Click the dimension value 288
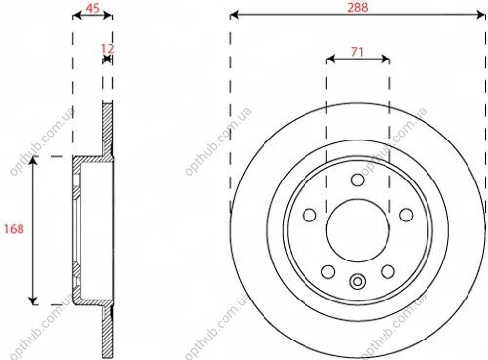click(358, 7)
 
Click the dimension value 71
click(357, 52)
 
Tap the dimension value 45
click(92, 8)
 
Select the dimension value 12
click(107, 49)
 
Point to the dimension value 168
click(14, 229)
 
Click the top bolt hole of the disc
click(358, 180)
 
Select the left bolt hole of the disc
click(309, 215)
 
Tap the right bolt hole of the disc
click(406, 215)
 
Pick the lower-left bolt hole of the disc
click(328, 271)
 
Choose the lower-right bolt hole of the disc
click(387, 271)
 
